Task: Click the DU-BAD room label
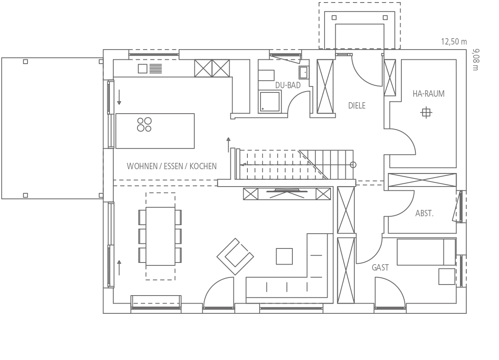288,85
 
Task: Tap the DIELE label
357,106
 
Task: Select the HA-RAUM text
429,94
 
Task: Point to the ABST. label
424,213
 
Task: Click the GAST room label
380,268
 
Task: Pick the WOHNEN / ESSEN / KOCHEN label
171,166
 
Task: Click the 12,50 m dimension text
454,42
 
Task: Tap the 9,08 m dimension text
475,60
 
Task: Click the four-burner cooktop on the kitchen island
144,124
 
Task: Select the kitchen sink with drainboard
150,68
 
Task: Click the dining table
160,236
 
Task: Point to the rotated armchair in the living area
235,257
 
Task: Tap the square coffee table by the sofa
284,256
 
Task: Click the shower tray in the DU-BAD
270,101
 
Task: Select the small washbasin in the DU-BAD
304,73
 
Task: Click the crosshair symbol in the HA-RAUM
426,113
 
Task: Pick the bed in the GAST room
426,252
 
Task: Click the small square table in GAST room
447,276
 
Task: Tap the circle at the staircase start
353,165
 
